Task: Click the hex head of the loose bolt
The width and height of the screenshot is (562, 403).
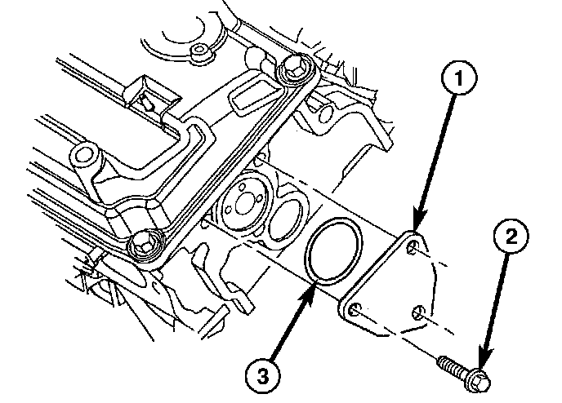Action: (480, 378)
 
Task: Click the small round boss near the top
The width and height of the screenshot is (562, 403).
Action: (197, 54)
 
